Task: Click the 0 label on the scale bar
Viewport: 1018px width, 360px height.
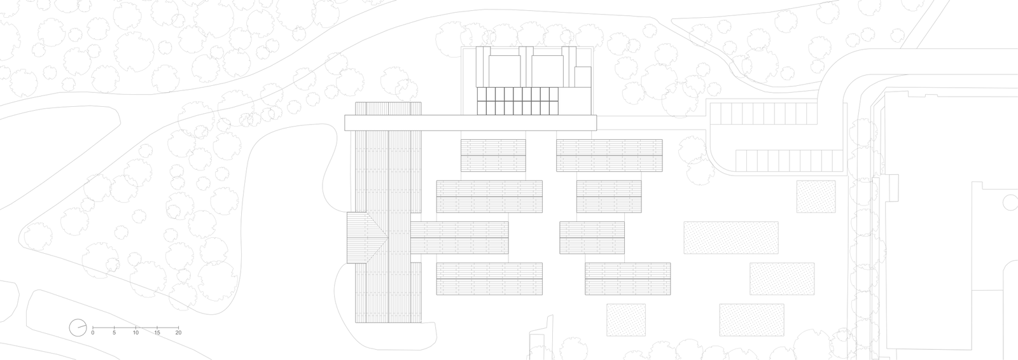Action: click(93, 333)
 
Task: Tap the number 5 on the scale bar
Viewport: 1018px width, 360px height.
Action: click(114, 333)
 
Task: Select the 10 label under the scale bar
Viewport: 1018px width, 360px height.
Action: click(136, 333)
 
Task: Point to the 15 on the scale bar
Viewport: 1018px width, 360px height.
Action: click(157, 333)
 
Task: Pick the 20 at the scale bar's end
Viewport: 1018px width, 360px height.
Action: click(179, 333)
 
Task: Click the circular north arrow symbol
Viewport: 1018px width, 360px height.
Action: click(78, 328)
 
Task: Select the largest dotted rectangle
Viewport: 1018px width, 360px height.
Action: click(731, 238)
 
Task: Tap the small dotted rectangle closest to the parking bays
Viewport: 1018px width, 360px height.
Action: click(816, 197)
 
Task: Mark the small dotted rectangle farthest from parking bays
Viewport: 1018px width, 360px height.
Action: click(626, 320)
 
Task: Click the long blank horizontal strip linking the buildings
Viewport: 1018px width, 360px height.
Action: click(470, 123)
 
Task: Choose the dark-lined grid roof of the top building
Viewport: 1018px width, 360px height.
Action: click(517, 101)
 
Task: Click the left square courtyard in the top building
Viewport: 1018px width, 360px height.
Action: click(505, 71)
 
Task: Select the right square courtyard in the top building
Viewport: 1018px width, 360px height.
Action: click(547, 71)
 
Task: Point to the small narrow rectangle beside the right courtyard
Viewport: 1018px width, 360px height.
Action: click(582, 76)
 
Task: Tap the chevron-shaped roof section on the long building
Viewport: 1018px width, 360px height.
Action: click(367, 237)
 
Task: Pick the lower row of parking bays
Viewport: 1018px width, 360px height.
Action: click(789, 161)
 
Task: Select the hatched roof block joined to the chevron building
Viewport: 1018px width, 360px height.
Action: click(459, 238)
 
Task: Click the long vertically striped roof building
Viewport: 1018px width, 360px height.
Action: click(388, 212)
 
